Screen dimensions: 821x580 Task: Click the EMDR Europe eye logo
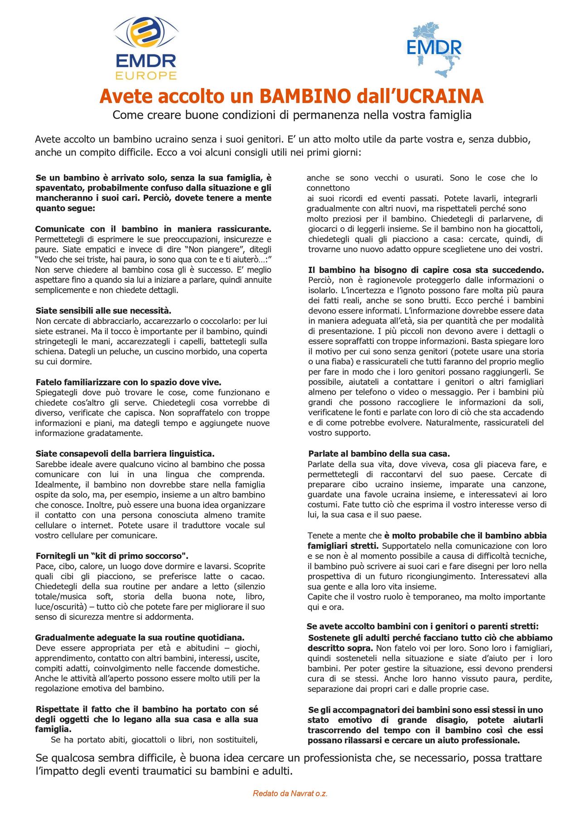pos(145,48)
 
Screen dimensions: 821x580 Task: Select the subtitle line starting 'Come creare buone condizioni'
pos(292,115)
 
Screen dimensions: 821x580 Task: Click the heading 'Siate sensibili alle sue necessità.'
pos(103,311)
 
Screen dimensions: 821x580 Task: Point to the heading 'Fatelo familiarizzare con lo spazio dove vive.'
pos(128,382)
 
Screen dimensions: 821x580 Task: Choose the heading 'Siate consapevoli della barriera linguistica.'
pos(125,454)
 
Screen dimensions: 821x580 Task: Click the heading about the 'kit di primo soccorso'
pos(112,556)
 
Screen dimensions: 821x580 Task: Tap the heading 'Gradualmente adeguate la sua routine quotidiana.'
pos(140,637)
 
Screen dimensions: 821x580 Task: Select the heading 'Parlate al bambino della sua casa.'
pos(379,454)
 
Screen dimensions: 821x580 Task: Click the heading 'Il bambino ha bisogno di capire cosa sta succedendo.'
pos(426,270)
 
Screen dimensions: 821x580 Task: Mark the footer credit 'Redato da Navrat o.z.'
pos(290,793)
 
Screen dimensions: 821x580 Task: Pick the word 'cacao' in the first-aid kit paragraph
pos(252,577)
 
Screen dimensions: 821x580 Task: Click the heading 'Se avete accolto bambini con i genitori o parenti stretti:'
pos(423,626)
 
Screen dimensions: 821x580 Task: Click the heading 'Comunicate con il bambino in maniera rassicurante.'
pos(153,229)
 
